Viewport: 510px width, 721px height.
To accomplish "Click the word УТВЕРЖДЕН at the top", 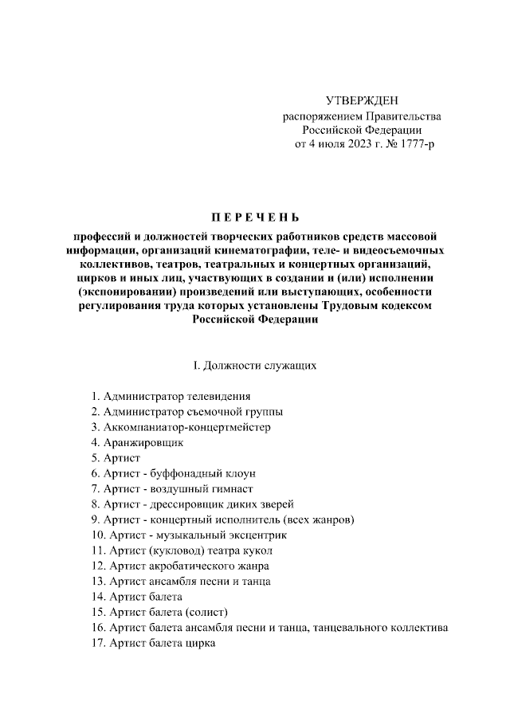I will coord(361,100).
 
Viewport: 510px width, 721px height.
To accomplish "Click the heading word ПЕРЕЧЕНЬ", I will coord(255,217).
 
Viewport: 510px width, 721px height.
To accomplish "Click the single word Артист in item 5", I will coord(124,458).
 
